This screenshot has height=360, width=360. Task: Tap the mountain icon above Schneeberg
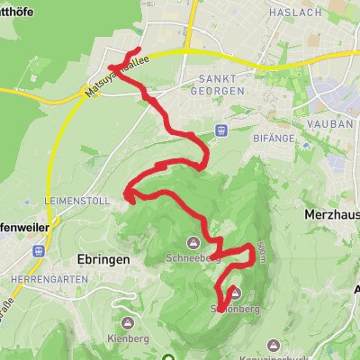pos(194,242)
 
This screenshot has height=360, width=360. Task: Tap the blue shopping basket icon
pos(220,131)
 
